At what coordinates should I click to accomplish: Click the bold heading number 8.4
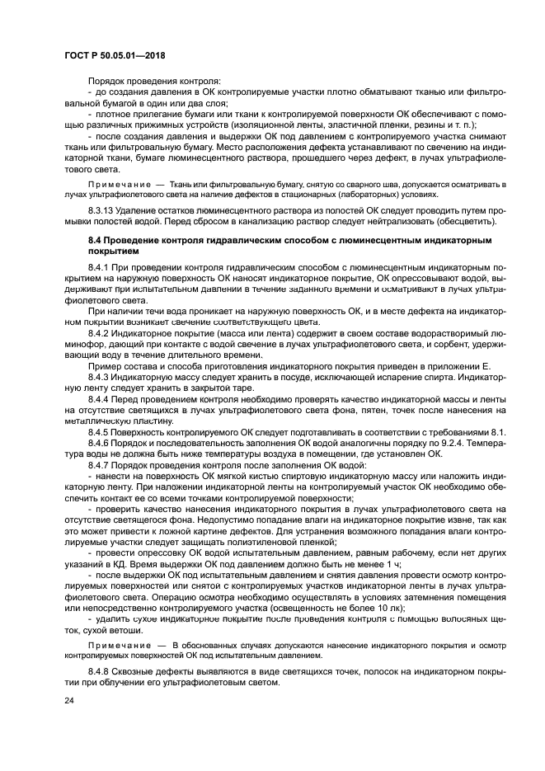[x=94, y=239]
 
